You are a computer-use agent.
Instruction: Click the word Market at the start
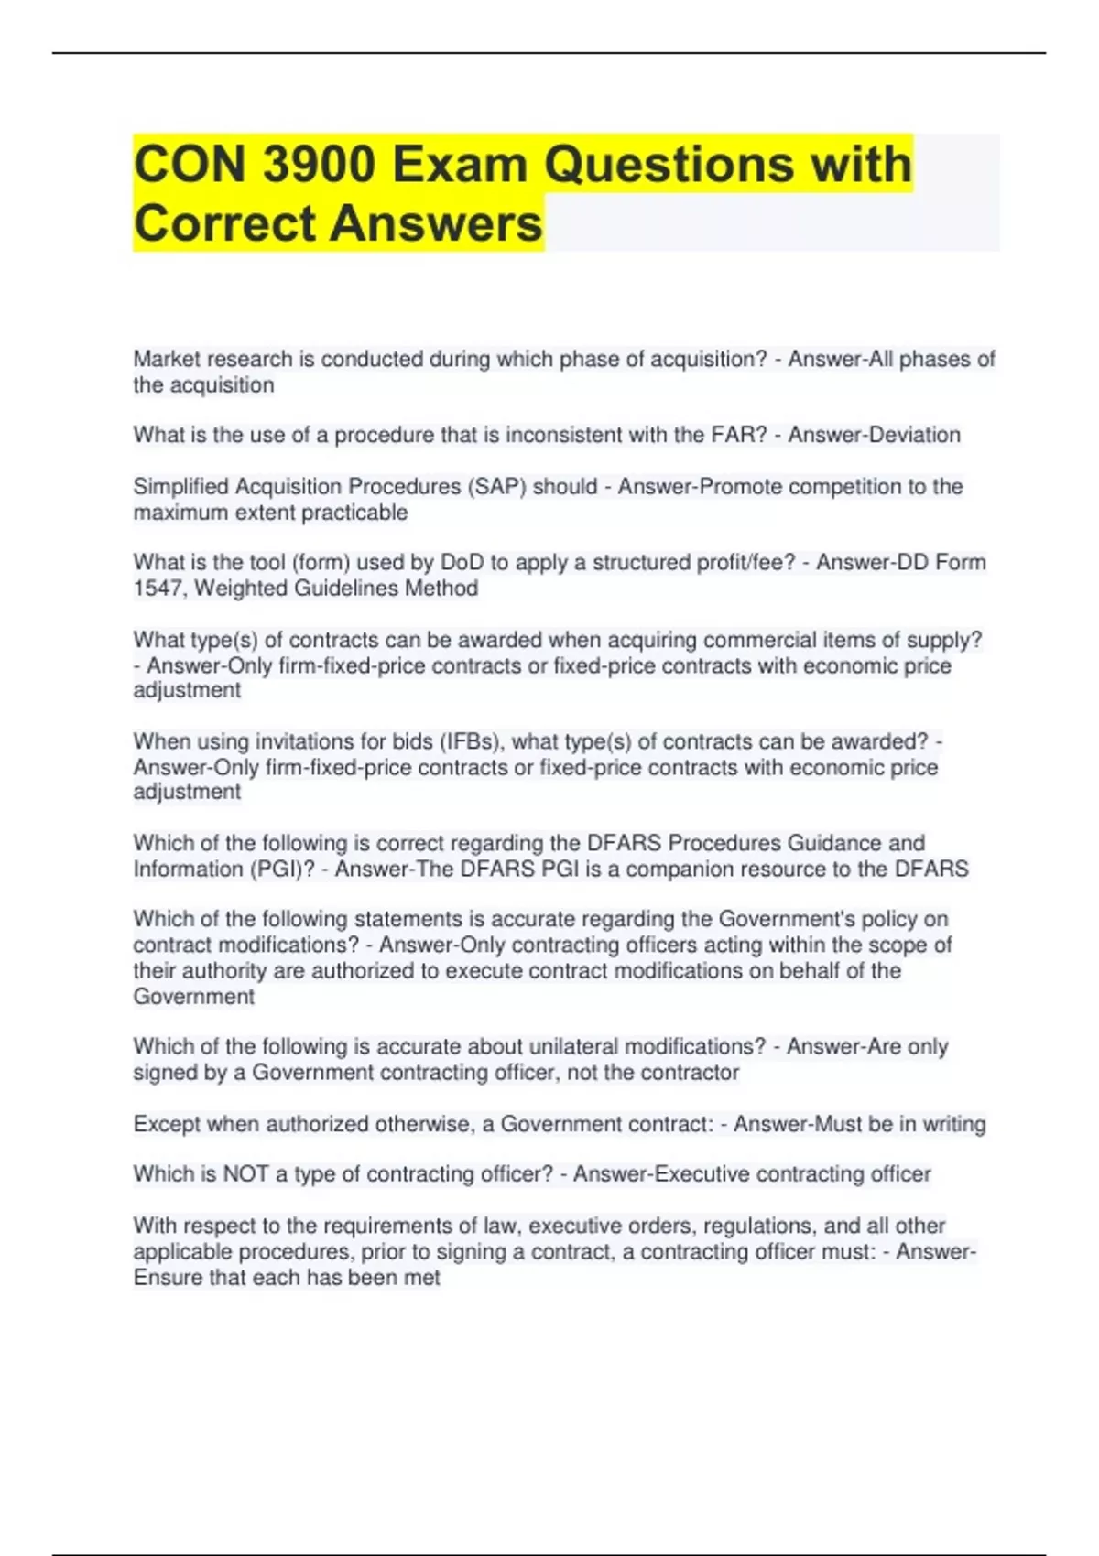coord(167,360)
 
